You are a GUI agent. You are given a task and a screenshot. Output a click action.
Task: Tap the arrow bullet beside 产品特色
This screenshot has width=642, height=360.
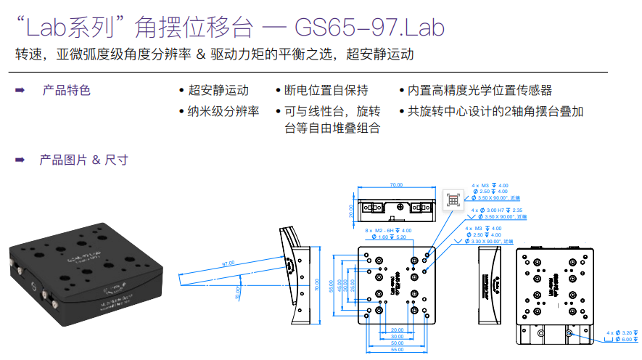(20, 90)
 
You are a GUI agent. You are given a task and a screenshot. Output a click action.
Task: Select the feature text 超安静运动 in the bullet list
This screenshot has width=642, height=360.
(218, 90)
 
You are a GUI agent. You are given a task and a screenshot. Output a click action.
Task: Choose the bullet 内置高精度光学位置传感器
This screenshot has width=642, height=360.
(480, 90)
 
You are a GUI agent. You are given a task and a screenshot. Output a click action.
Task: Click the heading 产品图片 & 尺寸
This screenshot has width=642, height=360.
(83, 160)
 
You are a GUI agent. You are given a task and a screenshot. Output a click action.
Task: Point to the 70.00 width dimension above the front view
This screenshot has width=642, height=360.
(396, 185)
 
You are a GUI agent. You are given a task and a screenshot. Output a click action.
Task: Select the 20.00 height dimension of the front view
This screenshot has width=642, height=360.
(351, 209)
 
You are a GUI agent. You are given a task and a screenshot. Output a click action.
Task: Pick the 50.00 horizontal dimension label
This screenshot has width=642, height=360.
(396, 343)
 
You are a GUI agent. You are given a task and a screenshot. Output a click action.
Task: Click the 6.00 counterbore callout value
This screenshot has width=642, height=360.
(627, 339)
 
